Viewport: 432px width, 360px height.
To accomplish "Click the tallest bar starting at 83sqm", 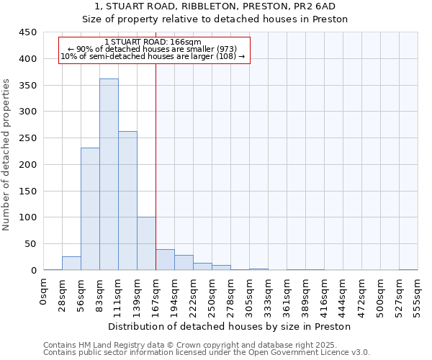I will point(109,175).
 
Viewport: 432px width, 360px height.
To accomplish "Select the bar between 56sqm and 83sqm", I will point(90,209).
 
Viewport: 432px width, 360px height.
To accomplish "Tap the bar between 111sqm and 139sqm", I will point(127,201).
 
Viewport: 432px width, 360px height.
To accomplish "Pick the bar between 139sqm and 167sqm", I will point(146,243).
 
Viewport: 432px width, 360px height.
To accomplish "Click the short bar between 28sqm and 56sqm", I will point(71,264).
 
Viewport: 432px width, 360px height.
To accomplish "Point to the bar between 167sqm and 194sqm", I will point(165,260).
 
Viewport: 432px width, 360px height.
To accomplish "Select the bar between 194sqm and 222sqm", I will point(184,263).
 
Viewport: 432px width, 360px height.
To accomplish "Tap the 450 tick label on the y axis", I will point(28,32).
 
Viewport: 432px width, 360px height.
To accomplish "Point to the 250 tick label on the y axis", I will point(28,138).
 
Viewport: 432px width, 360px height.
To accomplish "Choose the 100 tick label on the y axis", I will point(28,217).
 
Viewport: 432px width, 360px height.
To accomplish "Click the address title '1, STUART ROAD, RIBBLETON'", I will point(214,6).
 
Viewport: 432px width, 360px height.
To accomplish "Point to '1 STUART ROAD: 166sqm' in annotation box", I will point(153,42).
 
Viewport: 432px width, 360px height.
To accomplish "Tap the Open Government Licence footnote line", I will point(207,352).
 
